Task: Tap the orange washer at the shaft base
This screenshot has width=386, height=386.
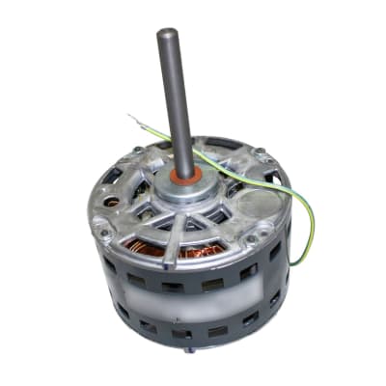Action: (181, 176)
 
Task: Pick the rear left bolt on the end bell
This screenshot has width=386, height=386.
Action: (138, 152)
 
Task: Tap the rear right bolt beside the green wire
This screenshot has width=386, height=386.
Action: (260, 154)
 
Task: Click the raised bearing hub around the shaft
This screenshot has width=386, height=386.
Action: (182, 189)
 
